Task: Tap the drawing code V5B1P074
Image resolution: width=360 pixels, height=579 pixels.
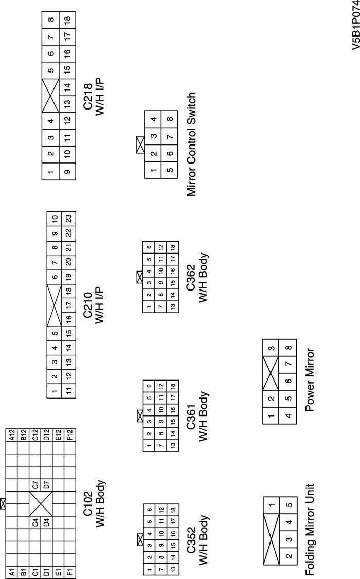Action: (353, 30)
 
